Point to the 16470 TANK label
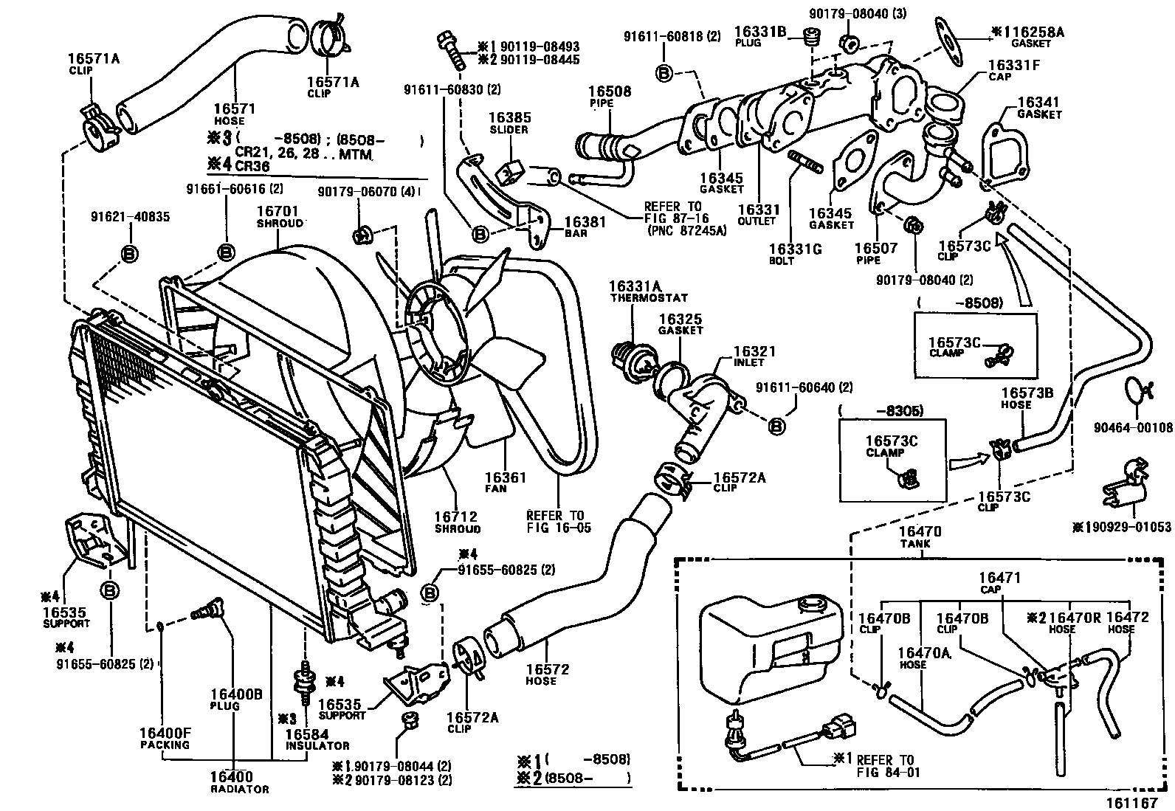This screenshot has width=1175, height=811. [914, 536]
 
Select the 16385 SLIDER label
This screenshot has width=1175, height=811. [509, 122]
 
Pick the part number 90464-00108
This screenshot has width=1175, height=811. [1132, 427]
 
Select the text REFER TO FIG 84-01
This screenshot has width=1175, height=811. [883, 766]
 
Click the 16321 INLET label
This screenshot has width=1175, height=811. [753, 356]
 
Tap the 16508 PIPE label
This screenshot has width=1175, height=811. [610, 97]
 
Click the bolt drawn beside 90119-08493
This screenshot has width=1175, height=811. [451, 50]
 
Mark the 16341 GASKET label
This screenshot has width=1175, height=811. [1038, 108]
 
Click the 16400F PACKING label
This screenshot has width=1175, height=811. [165, 739]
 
